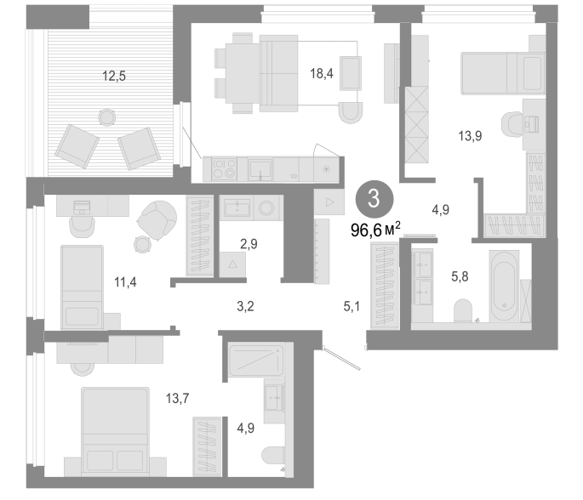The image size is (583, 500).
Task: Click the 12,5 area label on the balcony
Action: (x=114, y=77)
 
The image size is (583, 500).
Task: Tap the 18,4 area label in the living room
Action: (x=322, y=73)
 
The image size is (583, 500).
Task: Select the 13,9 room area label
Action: (x=470, y=136)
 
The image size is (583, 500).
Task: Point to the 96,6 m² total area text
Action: (x=375, y=230)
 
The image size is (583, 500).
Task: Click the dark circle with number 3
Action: (x=374, y=199)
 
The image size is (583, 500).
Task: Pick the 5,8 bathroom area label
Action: (x=460, y=276)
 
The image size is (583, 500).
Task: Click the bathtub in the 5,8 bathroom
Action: (x=504, y=286)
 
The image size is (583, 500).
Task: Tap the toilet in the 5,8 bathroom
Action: (x=463, y=310)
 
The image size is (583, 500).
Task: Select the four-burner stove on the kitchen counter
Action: (x=224, y=168)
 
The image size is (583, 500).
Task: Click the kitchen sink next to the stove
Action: (x=260, y=169)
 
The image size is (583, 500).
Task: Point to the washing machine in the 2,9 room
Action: (x=266, y=208)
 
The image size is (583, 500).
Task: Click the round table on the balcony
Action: (x=107, y=117)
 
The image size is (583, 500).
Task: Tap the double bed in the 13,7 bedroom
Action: (x=115, y=432)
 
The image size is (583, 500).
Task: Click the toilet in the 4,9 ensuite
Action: (x=273, y=456)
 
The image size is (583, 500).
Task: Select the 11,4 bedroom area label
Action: (x=125, y=282)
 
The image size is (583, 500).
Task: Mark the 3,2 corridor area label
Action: (x=245, y=306)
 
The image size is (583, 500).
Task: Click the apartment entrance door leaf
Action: (x=341, y=358)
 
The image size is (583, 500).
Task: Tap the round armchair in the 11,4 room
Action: (x=157, y=220)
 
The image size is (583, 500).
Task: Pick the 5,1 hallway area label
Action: (x=352, y=306)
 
